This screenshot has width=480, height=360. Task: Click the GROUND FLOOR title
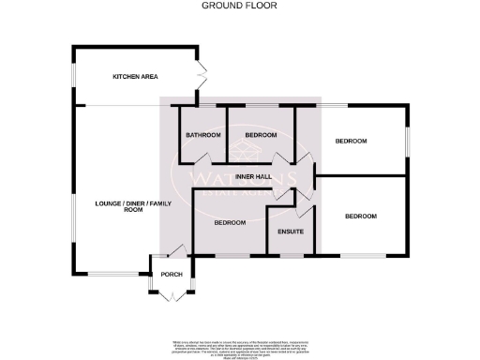click(x=240, y=6)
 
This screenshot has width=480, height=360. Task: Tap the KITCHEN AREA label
click(x=133, y=76)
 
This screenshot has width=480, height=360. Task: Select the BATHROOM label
click(x=202, y=136)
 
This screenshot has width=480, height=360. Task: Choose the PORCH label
click(x=171, y=275)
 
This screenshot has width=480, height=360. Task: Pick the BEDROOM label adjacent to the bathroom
click(x=260, y=136)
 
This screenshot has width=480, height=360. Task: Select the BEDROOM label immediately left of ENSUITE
click(x=229, y=222)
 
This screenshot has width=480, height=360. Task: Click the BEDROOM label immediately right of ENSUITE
click(x=360, y=217)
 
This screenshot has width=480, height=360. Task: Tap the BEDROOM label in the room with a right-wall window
click(x=352, y=141)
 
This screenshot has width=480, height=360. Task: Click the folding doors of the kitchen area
click(x=200, y=73)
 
